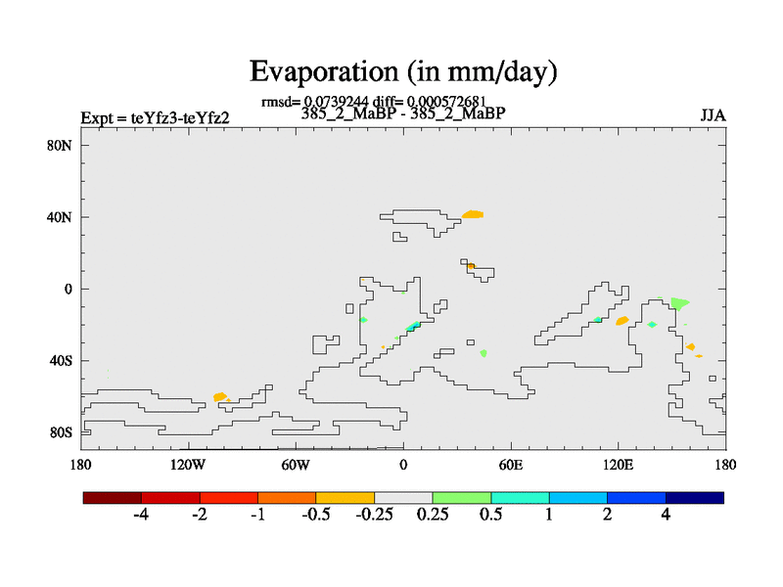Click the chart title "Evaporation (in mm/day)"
click(403, 70)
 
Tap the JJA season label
click(713, 115)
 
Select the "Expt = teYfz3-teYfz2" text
click(155, 118)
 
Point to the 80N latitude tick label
click(63, 146)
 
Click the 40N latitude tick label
click(63, 217)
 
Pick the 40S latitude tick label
click(63, 361)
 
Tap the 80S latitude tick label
click(63, 432)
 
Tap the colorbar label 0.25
click(433, 515)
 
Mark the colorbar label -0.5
click(315, 515)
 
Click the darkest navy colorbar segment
click(695, 497)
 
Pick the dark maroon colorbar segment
click(113, 497)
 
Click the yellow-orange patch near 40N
click(473, 214)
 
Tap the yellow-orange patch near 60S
click(220, 396)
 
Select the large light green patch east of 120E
click(677, 303)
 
